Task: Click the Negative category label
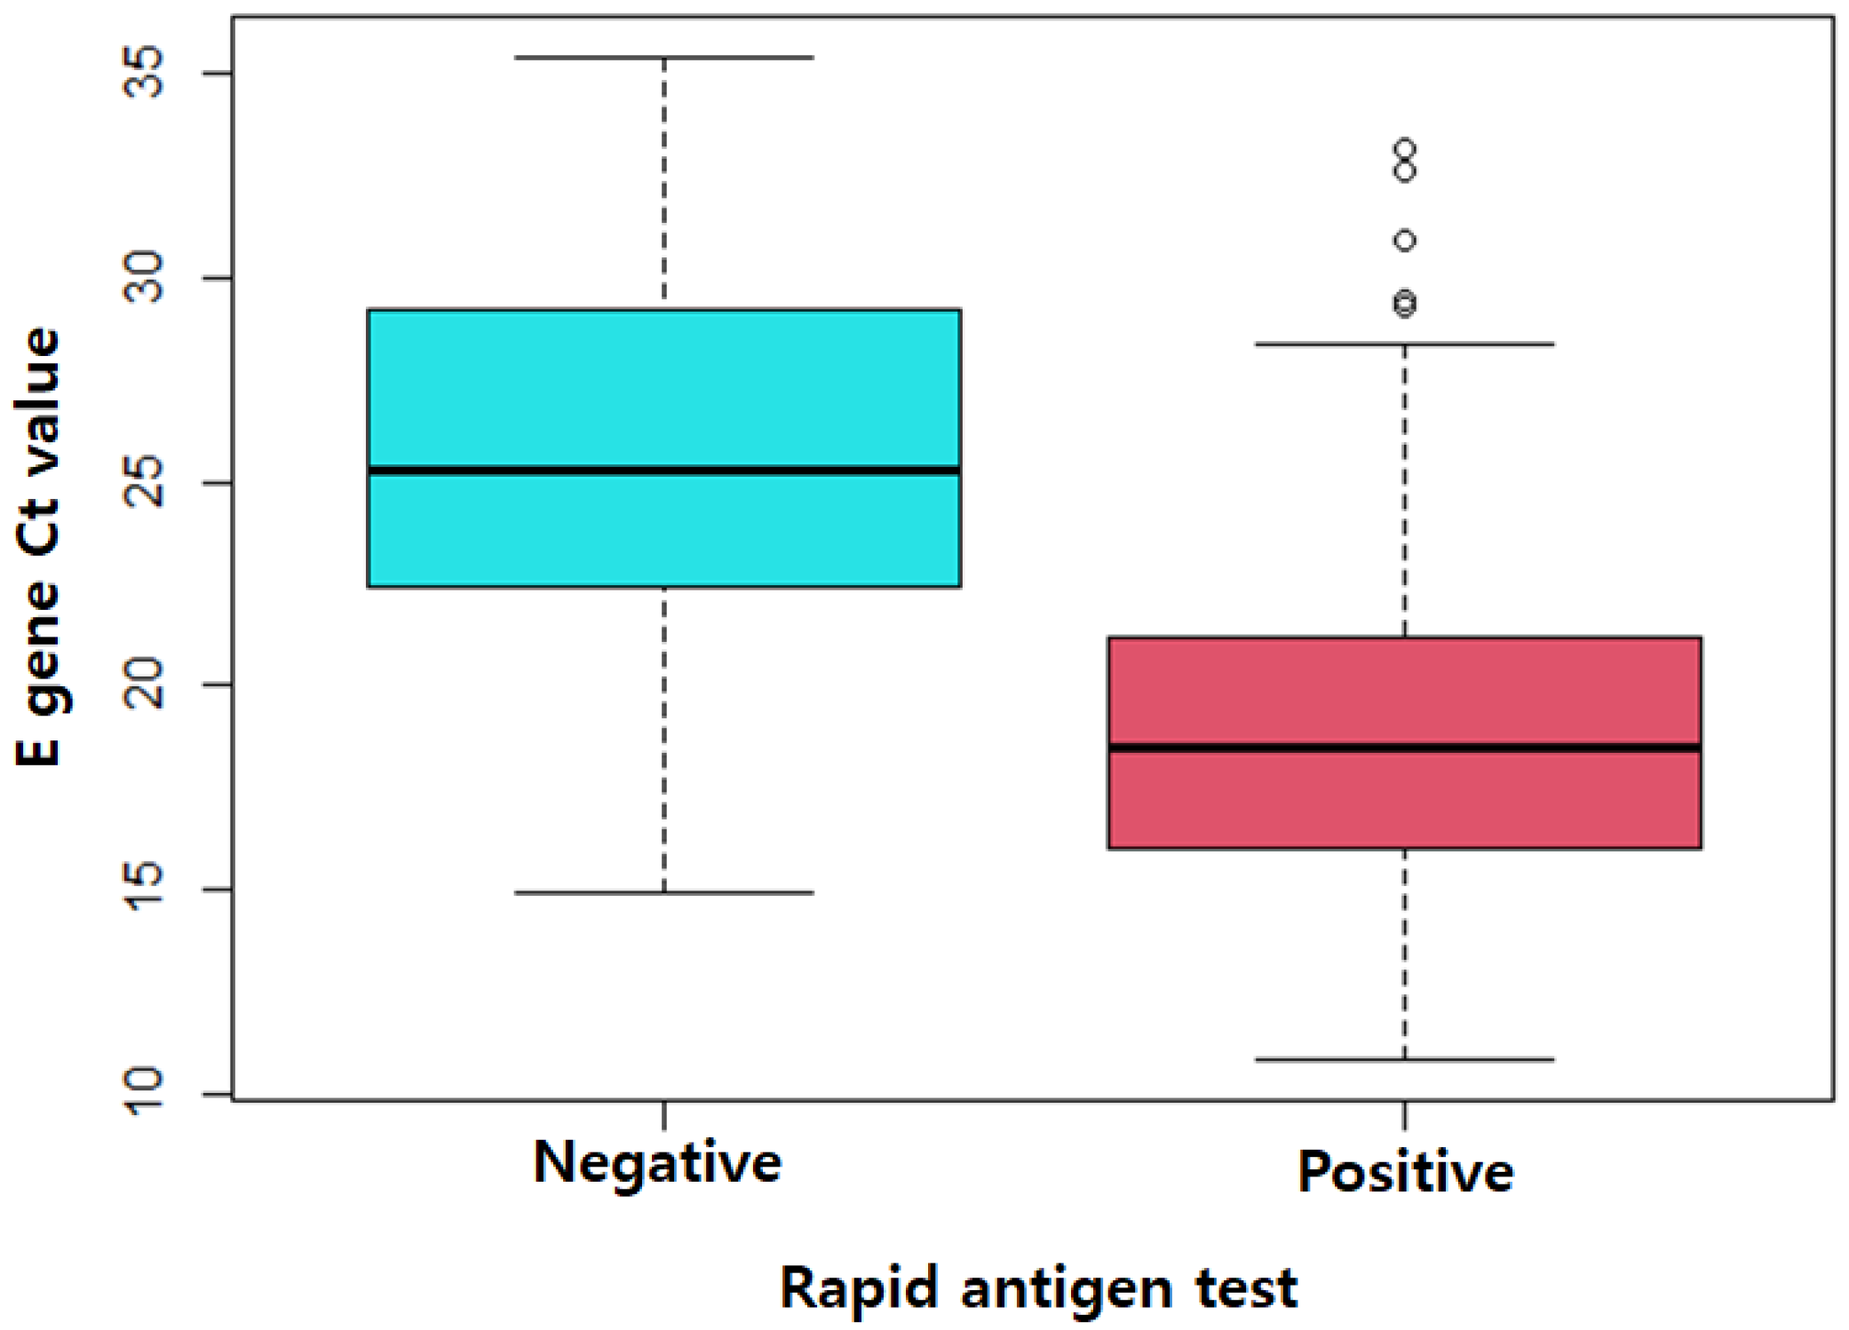[x=657, y=1163]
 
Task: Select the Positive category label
[x=1405, y=1172]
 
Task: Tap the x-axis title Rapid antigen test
[x=1038, y=1289]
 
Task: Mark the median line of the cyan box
[x=663, y=471]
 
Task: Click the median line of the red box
[x=1404, y=748]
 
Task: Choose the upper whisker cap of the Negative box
[x=663, y=58]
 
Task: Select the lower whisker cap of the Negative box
[x=663, y=892]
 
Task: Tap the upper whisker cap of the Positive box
[x=1404, y=344]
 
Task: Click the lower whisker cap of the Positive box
[x=1404, y=1059]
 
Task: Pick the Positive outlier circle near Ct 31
[x=1404, y=241]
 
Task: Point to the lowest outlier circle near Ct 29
[x=1404, y=305]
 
